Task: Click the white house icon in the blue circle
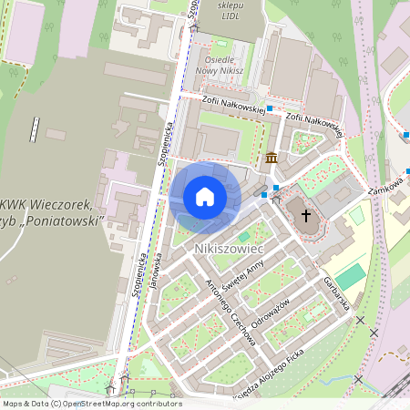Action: (x=204, y=196)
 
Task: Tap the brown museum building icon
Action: (x=271, y=159)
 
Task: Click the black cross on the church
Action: (x=306, y=216)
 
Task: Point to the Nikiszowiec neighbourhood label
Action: (x=229, y=248)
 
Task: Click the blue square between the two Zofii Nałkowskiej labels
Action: (x=270, y=108)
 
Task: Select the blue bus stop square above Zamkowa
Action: (x=407, y=136)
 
